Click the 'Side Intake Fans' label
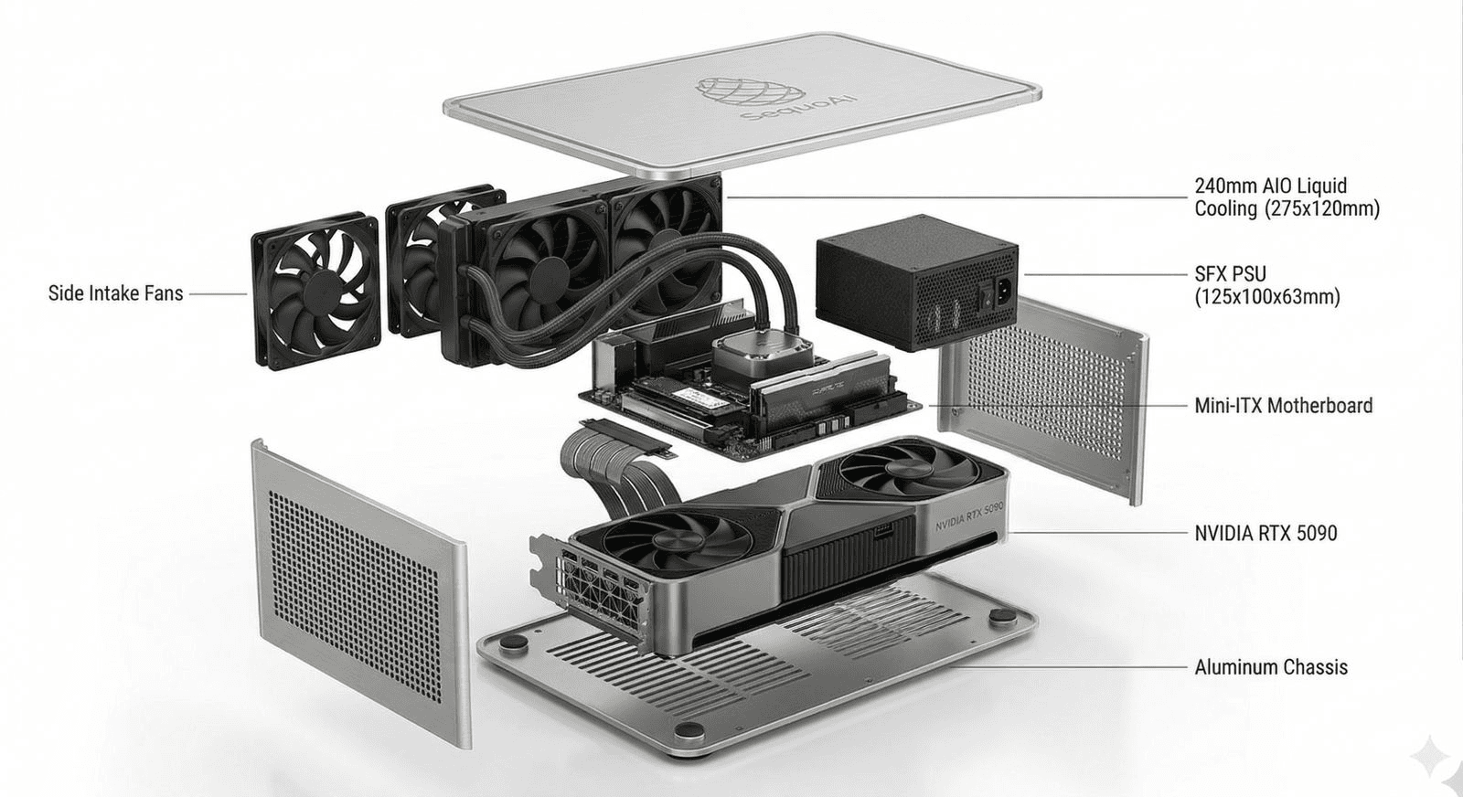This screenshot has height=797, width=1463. pyautogui.click(x=115, y=293)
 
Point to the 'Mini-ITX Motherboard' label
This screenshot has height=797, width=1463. pyautogui.click(x=1284, y=405)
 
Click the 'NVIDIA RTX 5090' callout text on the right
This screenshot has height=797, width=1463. pyautogui.click(x=1265, y=533)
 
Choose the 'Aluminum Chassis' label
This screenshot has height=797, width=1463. pyautogui.click(x=1271, y=667)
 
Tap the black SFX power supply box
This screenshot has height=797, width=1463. pyautogui.click(x=917, y=282)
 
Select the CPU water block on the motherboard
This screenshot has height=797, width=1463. pyautogui.click(x=763, y=356)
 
